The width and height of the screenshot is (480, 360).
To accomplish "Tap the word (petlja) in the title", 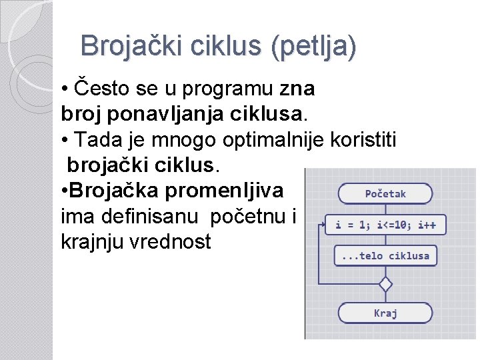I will [313, 47].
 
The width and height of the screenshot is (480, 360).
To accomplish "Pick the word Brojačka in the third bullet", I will [114, 191].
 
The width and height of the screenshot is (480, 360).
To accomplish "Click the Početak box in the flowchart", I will [385, 194].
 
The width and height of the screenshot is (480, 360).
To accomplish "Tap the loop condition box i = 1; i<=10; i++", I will [385, 225].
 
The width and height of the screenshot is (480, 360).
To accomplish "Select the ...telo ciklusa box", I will [385, 256].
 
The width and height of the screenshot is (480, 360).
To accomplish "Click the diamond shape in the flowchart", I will [385, 284].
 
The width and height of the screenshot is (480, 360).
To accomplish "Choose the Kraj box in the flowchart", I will [385, 313].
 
